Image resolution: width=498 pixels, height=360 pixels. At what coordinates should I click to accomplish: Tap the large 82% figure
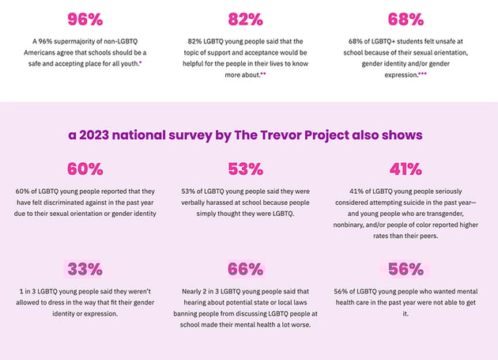pyautogui.click(x=245, y=19)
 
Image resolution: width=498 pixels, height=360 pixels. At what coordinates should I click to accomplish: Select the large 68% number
pyautogui.click(x=406, y=19)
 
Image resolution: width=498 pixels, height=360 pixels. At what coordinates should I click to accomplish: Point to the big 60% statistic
pyautogui.click(x=85, y=169)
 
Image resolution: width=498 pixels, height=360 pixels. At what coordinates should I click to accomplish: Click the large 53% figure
pyautogui.click(x=245, y=169)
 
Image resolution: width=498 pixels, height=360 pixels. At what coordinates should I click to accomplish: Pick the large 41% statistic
pyautogui.click(x=406, y=169)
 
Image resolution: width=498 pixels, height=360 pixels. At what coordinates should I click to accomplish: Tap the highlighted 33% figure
pyautogui.click(x=85, y=268)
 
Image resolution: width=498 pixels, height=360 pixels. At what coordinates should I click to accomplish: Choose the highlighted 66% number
pyautogui.click(x=245, y=268)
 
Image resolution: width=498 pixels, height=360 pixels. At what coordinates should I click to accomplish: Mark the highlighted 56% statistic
pyautogui.click(x=406, y=268)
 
